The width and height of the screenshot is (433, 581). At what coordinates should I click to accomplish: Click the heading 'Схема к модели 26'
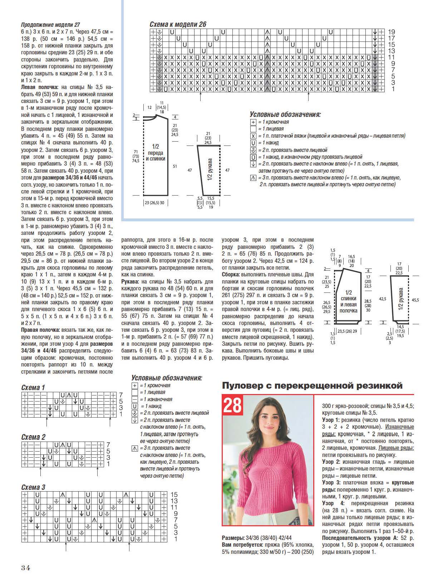(178, 24)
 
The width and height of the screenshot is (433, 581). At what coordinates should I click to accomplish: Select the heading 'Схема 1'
(33, 388)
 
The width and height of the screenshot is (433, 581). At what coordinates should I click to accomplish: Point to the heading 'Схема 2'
(33, 437)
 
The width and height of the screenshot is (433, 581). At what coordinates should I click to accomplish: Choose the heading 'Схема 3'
(33, 487)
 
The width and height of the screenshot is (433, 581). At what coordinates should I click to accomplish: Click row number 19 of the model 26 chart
(391, 31)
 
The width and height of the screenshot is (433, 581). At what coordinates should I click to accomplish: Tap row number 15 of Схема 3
(174, 494)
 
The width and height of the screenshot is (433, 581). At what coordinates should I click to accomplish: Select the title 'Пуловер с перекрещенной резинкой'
(312, 385)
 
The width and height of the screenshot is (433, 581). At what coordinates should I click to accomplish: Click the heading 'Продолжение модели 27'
(50, 25)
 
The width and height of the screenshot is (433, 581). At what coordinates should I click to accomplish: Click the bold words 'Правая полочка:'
(40, 330)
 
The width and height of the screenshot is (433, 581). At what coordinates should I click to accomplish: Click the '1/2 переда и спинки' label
(156, 152)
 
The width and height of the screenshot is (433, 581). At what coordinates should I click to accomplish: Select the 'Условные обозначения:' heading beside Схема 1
(167, 378)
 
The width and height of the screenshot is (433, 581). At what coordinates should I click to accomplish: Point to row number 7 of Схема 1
(121, 395)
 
